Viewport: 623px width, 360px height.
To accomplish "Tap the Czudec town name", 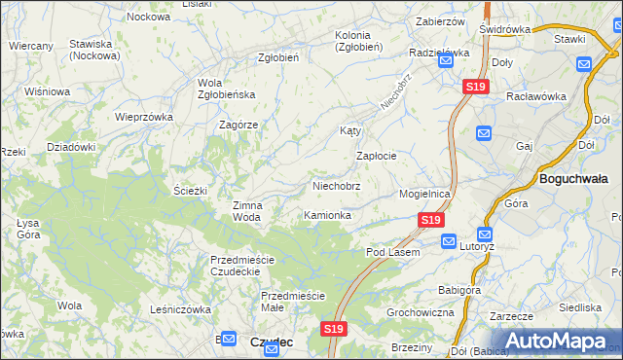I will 272,342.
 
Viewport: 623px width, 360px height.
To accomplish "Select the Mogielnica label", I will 424,194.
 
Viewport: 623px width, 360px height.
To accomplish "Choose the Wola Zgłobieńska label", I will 226,89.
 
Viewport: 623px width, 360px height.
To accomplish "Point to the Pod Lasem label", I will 392,252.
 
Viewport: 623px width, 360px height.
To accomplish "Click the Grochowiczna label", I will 421,312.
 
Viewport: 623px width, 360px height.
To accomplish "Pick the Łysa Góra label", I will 28,229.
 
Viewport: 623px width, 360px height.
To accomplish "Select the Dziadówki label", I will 71,147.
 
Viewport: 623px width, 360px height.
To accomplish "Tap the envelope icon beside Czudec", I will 228,339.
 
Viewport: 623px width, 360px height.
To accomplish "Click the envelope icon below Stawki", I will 584,64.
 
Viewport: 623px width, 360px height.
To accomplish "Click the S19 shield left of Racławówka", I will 475,88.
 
